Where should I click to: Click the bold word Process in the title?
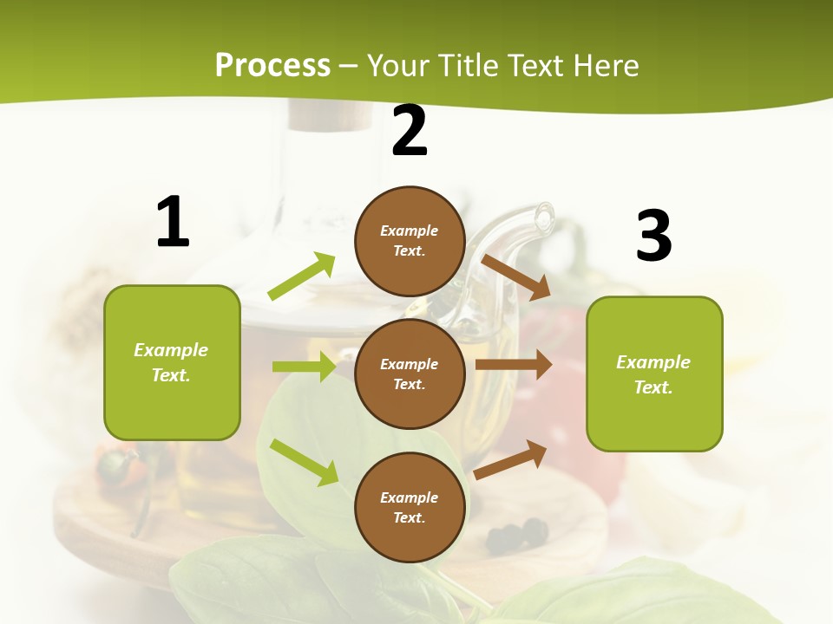(x=272, y=65)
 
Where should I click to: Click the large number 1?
(x=173, y=222)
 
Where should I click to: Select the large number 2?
(x=410, y=131)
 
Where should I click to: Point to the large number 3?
(x=653, y=236)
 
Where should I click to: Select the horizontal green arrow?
(x=305, y=367)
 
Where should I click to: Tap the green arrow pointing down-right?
(x=305, y=461)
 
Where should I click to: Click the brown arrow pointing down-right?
(x=516, y=276)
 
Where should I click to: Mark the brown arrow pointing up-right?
(x=511, y=459)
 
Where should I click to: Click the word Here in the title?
(x=607, y=65)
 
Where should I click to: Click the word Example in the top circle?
(x=410, y=231)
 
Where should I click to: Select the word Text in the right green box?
(x=653, y=387)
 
